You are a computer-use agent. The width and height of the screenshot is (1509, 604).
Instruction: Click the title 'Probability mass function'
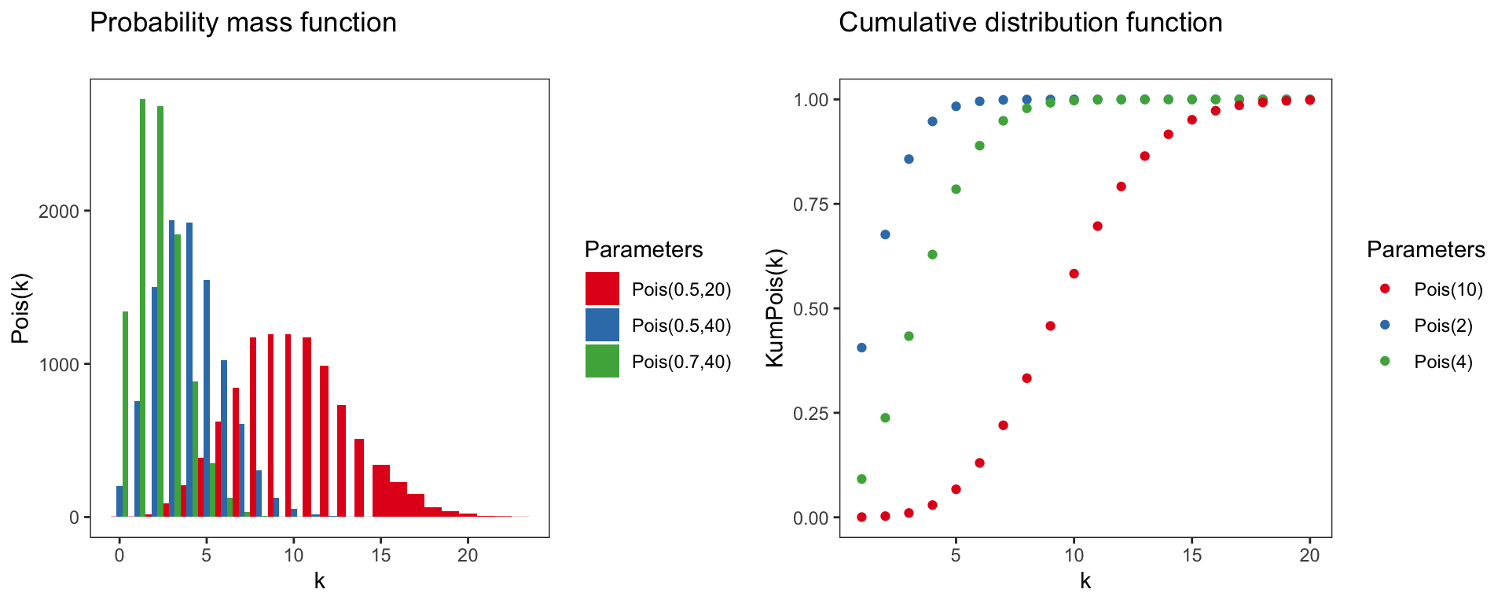click(x=243, y=23)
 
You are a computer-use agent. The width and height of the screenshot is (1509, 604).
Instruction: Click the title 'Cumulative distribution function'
click(x=1030, y=23)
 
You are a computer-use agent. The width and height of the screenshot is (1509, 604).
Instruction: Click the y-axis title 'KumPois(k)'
click(x=775, y=308)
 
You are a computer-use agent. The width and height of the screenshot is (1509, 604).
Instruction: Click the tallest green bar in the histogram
click(x=143, y=307)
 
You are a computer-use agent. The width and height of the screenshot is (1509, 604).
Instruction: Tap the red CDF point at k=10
click(x=1074, y=274)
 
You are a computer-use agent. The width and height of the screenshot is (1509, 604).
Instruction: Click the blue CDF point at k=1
click(x=861, y=348)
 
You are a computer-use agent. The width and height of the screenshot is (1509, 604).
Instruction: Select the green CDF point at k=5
click(x=956, y=190)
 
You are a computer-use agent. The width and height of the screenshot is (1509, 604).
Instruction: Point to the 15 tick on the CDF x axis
click(x=1191, y=555)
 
